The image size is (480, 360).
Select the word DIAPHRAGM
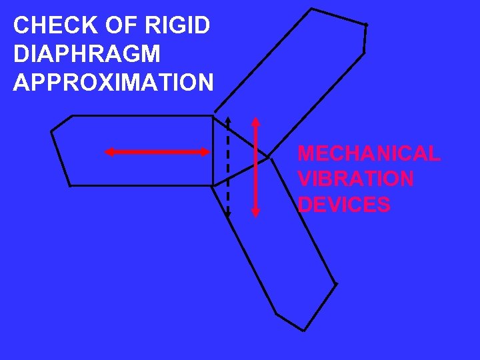coord(87,54)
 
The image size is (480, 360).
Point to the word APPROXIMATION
coord(113,83)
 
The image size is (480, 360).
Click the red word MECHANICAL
coord(369,154)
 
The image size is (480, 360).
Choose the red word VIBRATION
coord(355,179)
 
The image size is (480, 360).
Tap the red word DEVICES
coord(344,205)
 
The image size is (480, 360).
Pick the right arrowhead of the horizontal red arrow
coord(205,153)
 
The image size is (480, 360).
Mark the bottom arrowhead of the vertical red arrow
coord(256,212)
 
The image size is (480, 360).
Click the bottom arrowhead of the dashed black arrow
coord(228,214)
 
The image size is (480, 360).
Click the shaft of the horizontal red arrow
coord(157,153)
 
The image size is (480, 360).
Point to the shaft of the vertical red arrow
coord(256,167)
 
